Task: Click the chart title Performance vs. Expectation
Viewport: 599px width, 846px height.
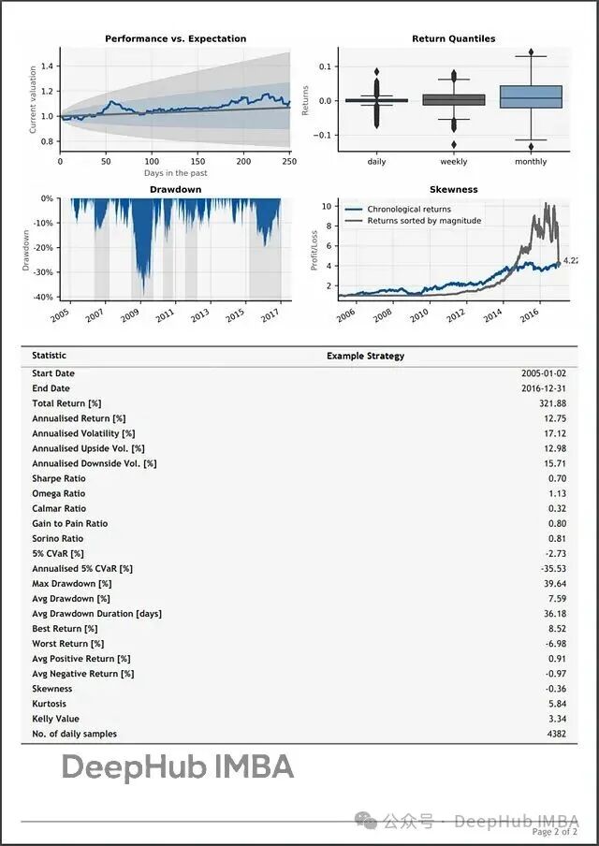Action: (x=175, y=38)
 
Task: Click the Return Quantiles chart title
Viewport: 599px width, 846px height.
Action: (x=453, y=38)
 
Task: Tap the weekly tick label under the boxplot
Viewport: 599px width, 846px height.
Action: (x=454, y=162)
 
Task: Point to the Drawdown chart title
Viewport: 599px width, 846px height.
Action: (x=175, y=189)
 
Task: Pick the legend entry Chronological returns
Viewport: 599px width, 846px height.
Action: (x=408, y=210)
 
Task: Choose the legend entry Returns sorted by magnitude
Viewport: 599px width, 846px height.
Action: (x=423, y=221)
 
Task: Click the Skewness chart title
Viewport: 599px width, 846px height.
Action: (x=453, y=189)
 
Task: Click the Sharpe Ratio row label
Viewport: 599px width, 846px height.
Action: (x=58, y=478)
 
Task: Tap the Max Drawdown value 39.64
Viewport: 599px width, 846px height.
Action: (x=554, y=583)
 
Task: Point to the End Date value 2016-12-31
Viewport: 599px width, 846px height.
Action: (x=544, y=388)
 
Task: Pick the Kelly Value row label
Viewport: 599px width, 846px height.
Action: (x=55, y=719)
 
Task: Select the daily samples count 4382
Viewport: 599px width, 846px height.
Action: (x=554, y=734)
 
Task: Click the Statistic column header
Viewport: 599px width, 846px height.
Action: (x=49, y=356)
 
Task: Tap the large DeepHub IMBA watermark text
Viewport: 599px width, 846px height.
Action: (x=178, y=768)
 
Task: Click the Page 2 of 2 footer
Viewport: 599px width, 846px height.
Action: (x=555, y=832)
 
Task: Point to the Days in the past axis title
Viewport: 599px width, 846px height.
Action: (x=175, y=173)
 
